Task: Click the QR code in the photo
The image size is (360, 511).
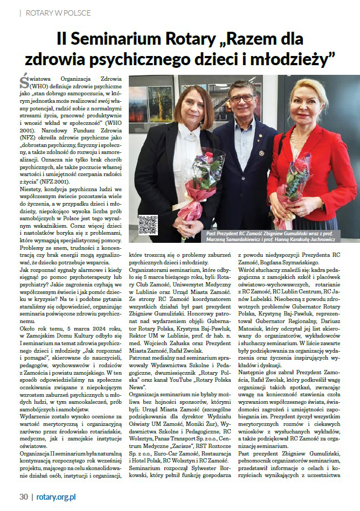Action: pyautogui.click(x=148, y=224)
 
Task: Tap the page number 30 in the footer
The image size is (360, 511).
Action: pyautogui.click(x=23, y=497)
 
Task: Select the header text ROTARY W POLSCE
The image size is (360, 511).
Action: pyautogui.click(x=58, y=12)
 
